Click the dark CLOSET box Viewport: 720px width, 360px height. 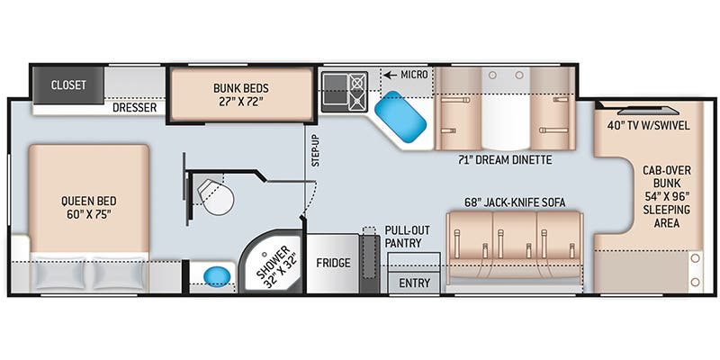pyautogui.click(x=68, y=85)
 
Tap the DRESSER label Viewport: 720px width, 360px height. pyautogui.click(x=134, y=108)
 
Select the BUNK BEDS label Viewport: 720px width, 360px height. pyautogui.click(x=241, y=94)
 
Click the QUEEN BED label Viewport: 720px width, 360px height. pyautogui.click(x=88, y=208)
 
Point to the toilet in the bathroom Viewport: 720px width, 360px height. pyautogui.click(x=216, y=196)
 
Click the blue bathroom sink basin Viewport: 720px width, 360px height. pyautogui.click(x=217, y=276)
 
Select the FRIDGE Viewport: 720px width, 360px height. pyautogui.click(x=333, y=263)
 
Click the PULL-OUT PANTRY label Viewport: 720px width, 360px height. pyautogui.click(x=403, y=237)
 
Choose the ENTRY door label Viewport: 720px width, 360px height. pyautogui.click(x=415, y=283)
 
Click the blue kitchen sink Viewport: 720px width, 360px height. pyautogui.click(x=400, y=116)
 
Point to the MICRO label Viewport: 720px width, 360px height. pyautogui.click(x=414, y=75)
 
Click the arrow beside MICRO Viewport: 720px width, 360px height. pyautogui.click(x=391, y=75)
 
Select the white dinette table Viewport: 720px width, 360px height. pyautogui.click(x=506, y=109)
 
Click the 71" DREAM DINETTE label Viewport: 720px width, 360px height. pyautogui.click(x=505, y=160)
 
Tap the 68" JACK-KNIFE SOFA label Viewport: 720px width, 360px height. pyautogui.click(x=514, y=202)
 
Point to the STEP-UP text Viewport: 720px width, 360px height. pyautogui.click(x=316, y=151)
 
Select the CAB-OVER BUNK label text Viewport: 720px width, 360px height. pyautogui.click(x=667, y=176)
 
